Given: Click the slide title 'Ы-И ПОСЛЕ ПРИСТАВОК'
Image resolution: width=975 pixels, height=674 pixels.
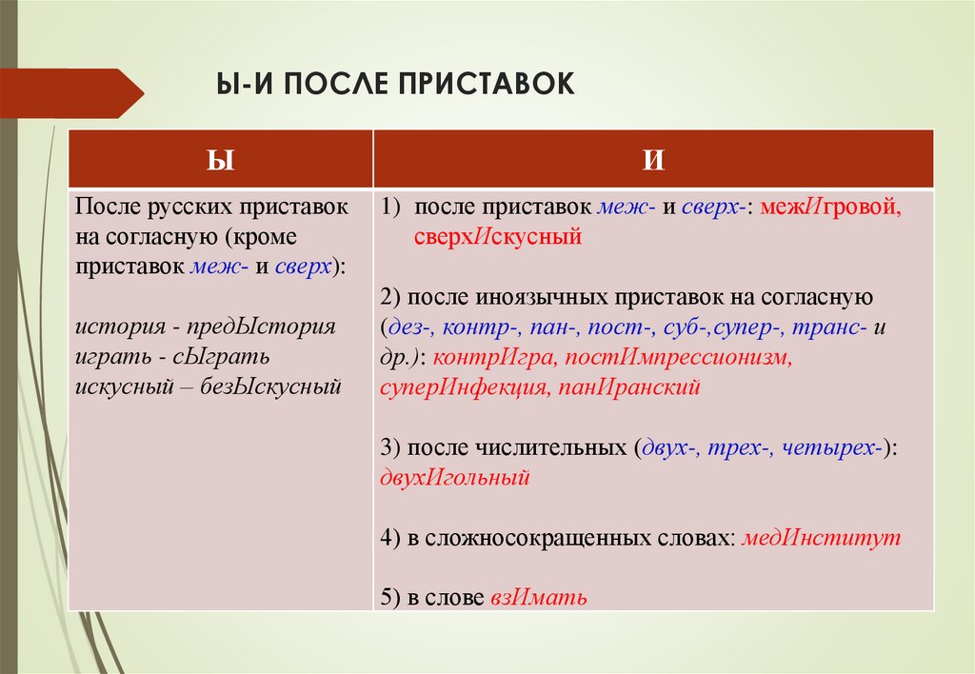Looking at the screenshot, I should coord(398,83).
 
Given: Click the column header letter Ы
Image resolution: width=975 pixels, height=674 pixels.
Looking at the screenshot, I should coord(220,159).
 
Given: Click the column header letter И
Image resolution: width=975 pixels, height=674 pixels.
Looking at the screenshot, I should coord(653,159).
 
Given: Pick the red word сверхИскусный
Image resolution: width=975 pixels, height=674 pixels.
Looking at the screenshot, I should coord(497,236).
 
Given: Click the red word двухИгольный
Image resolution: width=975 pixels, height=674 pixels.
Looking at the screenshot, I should coord(454,478).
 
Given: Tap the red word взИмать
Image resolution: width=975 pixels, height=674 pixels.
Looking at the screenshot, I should coord(539,598).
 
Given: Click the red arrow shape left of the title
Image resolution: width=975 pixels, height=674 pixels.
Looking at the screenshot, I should coord(71,93).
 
